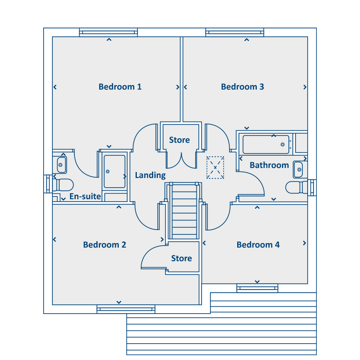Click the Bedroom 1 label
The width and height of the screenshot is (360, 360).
(x=120, y=87)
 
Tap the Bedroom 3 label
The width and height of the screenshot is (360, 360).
(x=242, y=87)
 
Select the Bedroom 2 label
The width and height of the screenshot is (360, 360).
(x=105, y=245)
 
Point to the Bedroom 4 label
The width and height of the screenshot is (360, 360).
(x=258, y=245)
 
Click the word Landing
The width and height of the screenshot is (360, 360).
(x=150, y=176)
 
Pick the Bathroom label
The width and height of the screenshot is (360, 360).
(x=269, y=165)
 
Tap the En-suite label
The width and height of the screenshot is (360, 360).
(x=85, y=196)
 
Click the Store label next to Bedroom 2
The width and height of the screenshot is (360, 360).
(x=182, y=258)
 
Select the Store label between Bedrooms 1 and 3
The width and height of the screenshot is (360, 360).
(x=180, y=140)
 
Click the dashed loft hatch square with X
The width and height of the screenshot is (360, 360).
(x=215, y=168)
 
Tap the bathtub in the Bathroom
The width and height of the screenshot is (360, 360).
(x=266, y=144)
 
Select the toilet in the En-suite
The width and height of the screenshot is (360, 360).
(x=63, y=185)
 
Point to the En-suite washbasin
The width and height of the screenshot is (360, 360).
(x=62, y=165)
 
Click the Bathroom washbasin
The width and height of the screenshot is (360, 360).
(x=298, y=170)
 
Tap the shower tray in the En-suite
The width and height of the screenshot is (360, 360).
(x=114, y=172)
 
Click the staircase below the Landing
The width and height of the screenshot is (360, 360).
(x=184, y=211)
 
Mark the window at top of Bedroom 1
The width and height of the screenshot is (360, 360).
(x=108, y=32)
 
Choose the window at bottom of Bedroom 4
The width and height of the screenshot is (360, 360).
(x=257, y=288)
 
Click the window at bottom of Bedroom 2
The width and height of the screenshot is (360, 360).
(x=126, y=309)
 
